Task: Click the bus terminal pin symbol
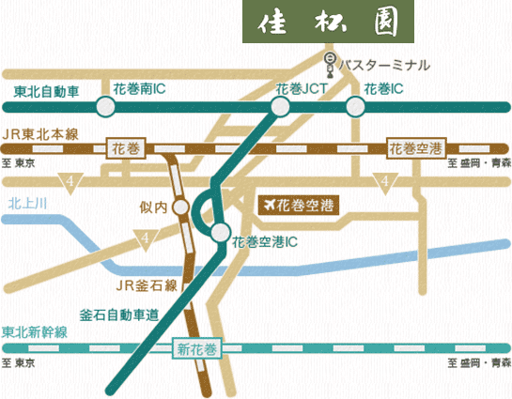(330, 65)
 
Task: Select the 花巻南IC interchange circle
(104, 107)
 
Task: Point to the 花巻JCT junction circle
(280, 107)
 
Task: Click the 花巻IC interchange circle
(355, 107)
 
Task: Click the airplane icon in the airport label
(273, 203)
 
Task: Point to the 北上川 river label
(27, 203)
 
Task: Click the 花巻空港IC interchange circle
(220, 232)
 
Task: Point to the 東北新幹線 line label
(35, 333)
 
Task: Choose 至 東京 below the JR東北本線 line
(19, 163)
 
